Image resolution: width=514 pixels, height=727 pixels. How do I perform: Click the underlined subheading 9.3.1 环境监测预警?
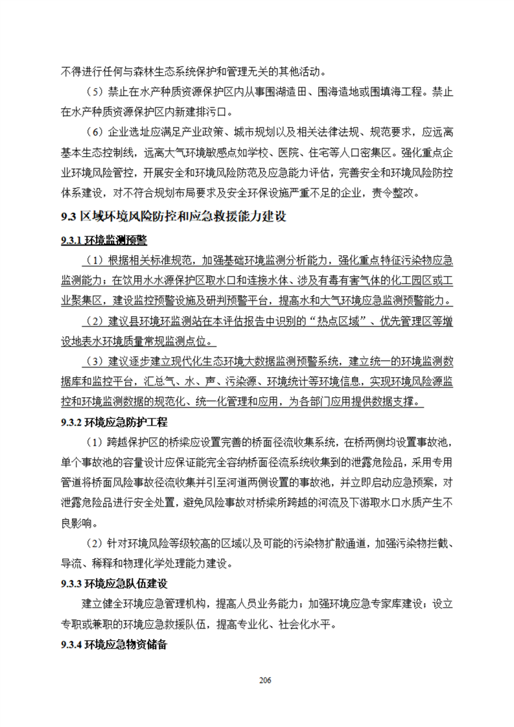[x=104, y=241]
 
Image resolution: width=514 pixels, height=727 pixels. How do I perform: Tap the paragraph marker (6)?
[x=95, y=133]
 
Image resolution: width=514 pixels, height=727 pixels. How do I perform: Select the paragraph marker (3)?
[x=95, y=362]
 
